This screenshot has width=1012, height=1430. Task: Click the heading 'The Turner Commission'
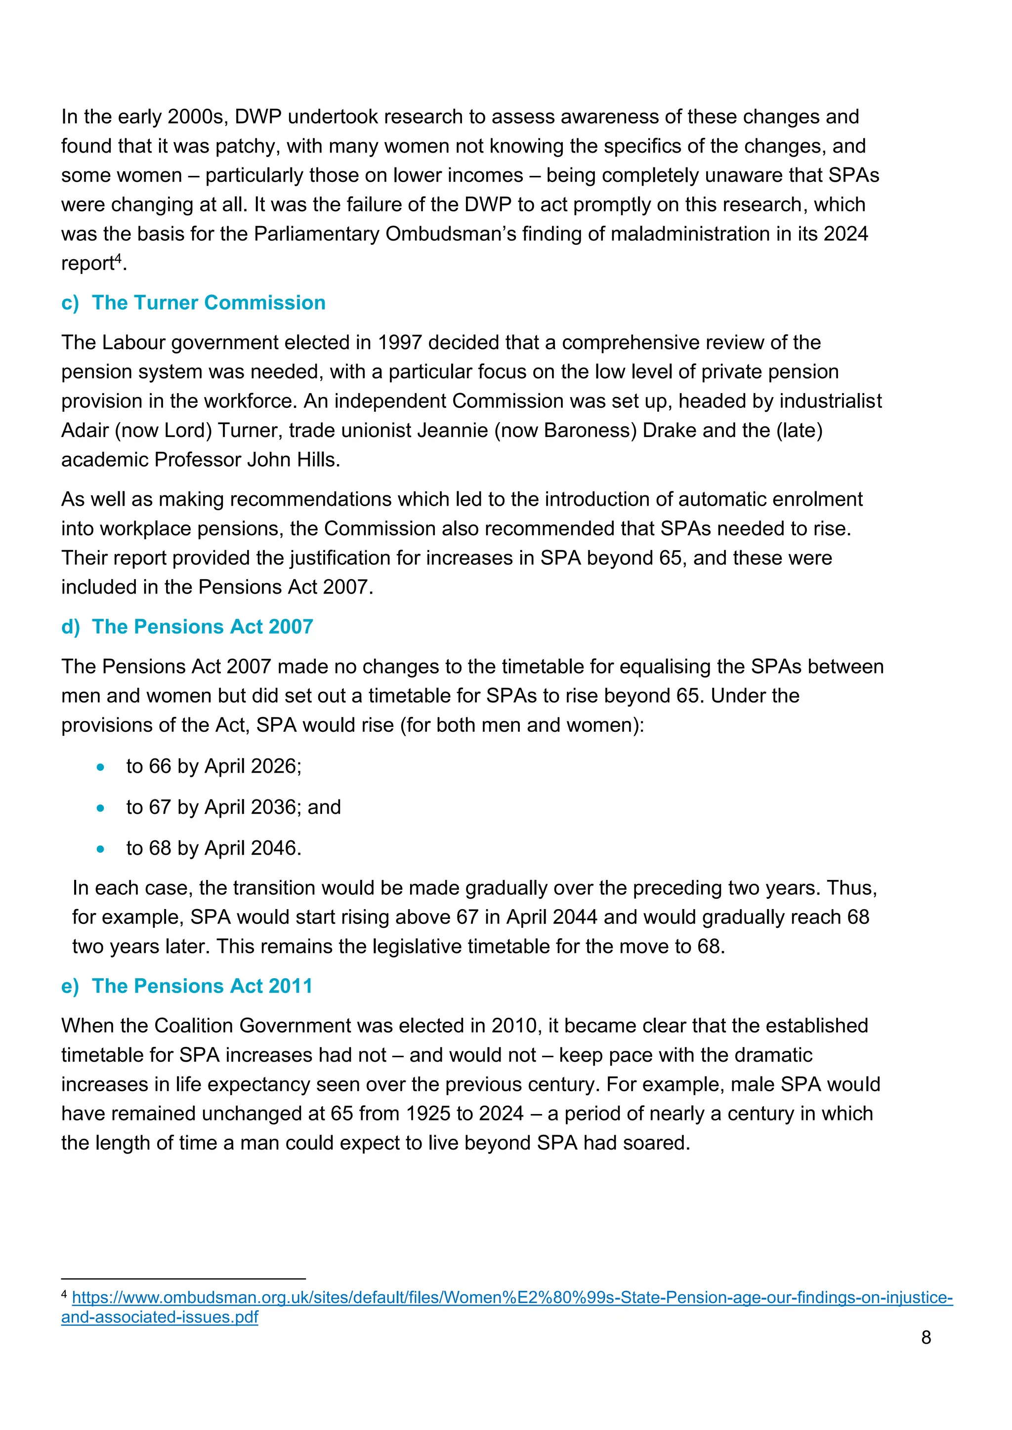[x=208, y=303]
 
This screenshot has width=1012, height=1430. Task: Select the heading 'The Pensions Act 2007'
[x=202, y=627]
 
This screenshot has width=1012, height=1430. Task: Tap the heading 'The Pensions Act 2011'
[x=202, y=986]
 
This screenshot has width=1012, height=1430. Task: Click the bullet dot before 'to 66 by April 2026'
[x=100, y=767]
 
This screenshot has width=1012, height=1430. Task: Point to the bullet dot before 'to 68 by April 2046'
[x=100, y=849]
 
